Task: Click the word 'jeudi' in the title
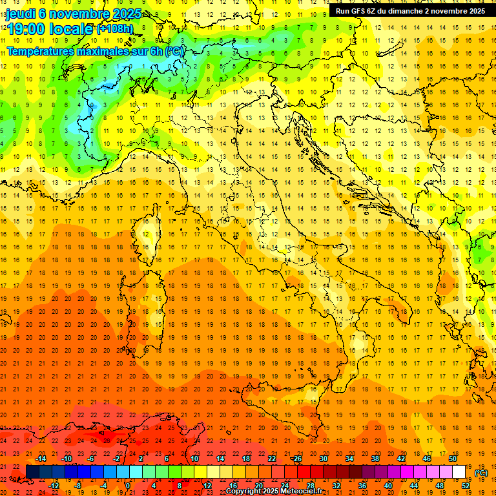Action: pos(20,13)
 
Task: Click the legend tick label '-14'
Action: pos(41,459)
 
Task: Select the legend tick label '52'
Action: pos(466,486)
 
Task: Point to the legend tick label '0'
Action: pos(128,486)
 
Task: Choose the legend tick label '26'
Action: pos(298,459)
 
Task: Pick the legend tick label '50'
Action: pos(453,459)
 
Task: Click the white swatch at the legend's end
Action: pos(459,472)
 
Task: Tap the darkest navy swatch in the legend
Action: pos(32,472)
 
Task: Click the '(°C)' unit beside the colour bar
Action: pos(481,473)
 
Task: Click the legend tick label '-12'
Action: pos(54,486)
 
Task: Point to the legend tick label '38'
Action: pos(375,459)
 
